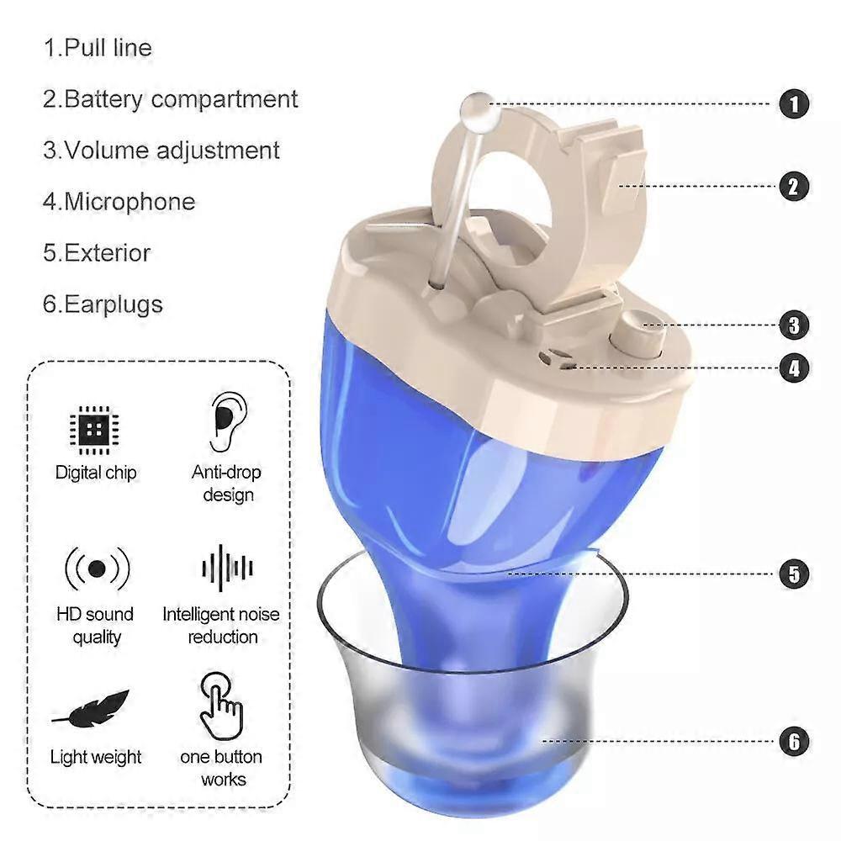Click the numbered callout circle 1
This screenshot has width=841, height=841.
(x=794, y=104)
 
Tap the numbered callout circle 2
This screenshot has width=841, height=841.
(x=794, y=187)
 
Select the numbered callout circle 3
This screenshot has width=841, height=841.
(x=794, y=325)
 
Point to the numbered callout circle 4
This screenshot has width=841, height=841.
(x=794, y=368)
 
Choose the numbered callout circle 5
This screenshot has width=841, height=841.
(x=794, y=574)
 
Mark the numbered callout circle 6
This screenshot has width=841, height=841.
(x=794, y=742)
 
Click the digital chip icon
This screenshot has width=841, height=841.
(x=95, y=430)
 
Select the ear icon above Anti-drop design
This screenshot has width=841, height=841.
(x=227, y=422)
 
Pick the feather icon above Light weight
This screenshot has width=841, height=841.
(x=91, y=709)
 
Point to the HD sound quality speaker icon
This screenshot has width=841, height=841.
(x=97, y=569)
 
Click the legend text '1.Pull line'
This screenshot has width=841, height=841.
(x=98, y=48)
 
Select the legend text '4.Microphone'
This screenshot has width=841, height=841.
(x=119, y=202)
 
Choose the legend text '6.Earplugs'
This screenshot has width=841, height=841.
(x=103, y=304)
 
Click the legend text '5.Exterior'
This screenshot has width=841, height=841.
(x=97, y=253)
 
